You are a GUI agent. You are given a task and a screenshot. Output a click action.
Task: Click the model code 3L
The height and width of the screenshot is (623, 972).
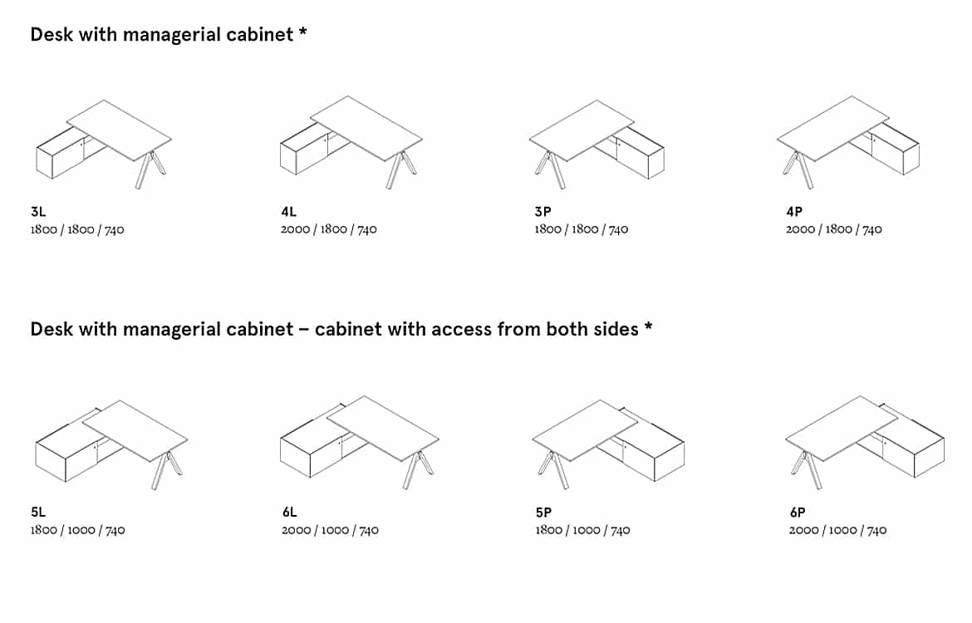coord(38,211)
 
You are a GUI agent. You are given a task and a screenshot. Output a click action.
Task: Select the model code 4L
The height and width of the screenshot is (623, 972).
coord(289,211)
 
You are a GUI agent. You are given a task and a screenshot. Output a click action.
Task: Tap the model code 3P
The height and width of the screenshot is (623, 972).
coord(543,211)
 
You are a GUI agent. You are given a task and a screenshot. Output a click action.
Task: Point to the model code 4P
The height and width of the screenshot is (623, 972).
coord(794,211)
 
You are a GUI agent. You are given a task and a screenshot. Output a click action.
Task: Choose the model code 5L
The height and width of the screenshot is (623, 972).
coord(38,512)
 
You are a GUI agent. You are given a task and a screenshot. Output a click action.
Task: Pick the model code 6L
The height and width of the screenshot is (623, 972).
coord(289,512)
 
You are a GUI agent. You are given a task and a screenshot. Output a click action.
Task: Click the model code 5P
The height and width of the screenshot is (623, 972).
coord(543,513)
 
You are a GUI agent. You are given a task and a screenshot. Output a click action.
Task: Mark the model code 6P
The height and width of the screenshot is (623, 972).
coord(798,513)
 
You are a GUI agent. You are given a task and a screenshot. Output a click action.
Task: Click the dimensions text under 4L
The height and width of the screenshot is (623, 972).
coord(328,229)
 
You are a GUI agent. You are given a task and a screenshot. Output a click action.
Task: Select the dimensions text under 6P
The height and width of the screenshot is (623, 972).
coord(837,530)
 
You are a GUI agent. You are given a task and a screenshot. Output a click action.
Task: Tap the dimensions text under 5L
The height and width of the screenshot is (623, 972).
coord(77,530)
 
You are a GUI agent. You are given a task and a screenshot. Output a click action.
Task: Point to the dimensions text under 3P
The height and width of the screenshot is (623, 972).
coord(582,229)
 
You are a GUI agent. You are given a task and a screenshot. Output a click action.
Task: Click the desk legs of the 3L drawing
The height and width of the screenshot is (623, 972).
coord(150,169)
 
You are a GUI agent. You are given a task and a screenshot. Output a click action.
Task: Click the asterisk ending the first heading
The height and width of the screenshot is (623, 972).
coord(302,32)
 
